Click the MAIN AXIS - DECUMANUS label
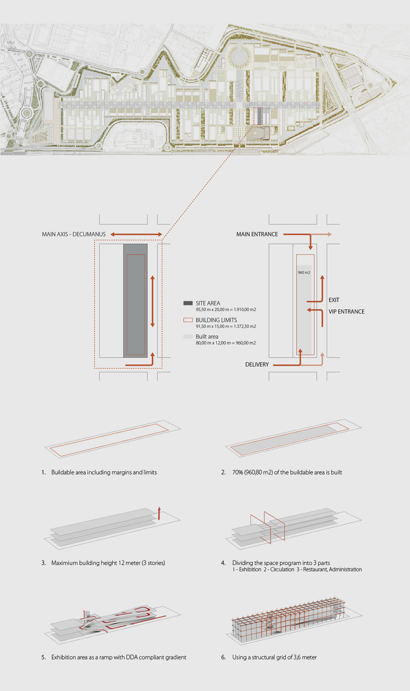[x=74, y=234]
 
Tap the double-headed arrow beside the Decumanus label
[x=136, y=234]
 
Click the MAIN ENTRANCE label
[x=257, y=234]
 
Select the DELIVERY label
[x=257, y=365]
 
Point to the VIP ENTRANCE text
[x=346, y=312]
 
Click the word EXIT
[x=334, y=300]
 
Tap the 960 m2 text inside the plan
[x=304, y=272]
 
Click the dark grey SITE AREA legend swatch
[x=188, y=303]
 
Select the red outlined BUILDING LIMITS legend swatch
[x=188, y=320]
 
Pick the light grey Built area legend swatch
[x=188, y=336]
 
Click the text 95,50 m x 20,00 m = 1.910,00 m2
[x=226, y=310]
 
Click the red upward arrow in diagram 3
[x=159, y=513]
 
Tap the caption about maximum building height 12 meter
[x=108, y=563]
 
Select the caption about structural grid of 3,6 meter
[x=274, y=657]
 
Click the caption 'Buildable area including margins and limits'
[x=104, y=473]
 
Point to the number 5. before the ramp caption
[x=44, y=657]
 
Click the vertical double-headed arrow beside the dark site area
[x=153, y=301]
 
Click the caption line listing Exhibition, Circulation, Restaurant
[x=297, y=570]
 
